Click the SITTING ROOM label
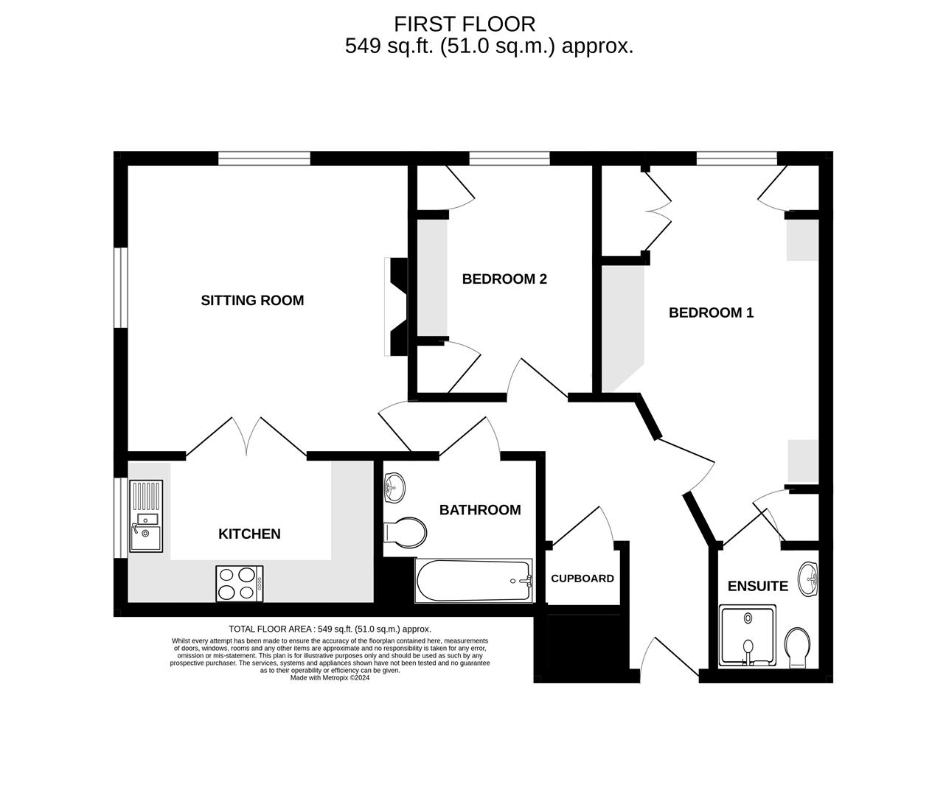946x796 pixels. click(252, 300)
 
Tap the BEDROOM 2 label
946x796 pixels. click(504, 279)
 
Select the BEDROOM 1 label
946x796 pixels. click(711, 313)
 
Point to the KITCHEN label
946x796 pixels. click(249, 534)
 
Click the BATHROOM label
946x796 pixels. click(480, 510)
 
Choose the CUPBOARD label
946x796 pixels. click(582, 579)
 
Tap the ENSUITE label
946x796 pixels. click(757, 587)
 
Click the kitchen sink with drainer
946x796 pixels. click(145, 516)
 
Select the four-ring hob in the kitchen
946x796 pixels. click(239, 582)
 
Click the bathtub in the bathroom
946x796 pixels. click(473, 580)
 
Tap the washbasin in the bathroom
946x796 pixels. click(394, 486)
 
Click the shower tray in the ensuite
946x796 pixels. click(748, 635)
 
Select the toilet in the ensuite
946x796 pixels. click(797, 646)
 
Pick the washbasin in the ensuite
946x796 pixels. click(809, 578)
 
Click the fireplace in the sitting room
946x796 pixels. click(397, 307)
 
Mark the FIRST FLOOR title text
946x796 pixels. click(465, 24)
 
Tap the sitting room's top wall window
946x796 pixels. click(264, 158)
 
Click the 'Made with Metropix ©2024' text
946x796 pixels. click(330, 678)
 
